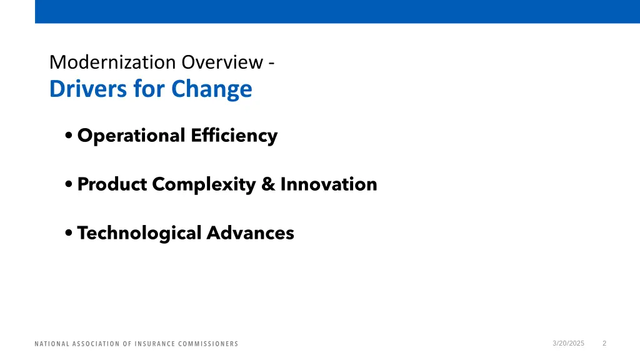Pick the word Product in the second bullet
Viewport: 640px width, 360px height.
(112, 184)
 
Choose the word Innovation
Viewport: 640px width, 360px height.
(329, 184)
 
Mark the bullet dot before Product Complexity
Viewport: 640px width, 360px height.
(69, 185)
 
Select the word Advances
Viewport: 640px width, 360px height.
(250, 233)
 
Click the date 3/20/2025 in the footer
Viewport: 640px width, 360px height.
(568, 343)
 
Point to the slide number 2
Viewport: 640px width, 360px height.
(604, 343)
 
